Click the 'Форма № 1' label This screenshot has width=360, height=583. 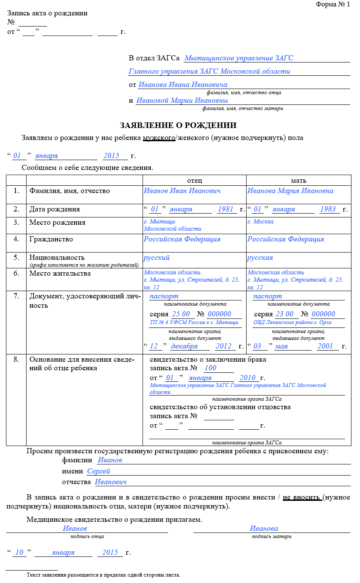tap(333, 4)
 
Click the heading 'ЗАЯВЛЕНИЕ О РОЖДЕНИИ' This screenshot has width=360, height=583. tap(178, 125)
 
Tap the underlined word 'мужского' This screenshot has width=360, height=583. tap(159, 138)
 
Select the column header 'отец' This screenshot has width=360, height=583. tap(194, 180)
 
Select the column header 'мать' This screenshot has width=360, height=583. tap(298, 180)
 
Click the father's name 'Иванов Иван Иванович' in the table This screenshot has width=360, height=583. tap(182, 191)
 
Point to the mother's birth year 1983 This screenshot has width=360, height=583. tap(327, 209)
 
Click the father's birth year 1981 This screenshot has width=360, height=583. tap(225, 209)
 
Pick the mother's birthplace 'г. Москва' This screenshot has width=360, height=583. tap(260, 222)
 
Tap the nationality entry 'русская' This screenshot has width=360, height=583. tap(260, 258)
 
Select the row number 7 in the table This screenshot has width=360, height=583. tap(16, 296)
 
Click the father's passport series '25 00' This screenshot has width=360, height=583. tap(181, 314)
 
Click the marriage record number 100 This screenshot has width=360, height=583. tap(211, 368)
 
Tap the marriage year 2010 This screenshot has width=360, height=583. tap(247, 378)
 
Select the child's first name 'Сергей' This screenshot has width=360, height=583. tap(98, 471)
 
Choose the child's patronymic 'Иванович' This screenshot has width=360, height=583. tap(111, 482)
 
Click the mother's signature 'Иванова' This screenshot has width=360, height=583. tap(264, 529)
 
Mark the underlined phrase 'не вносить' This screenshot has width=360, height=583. tap(301, 497)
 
